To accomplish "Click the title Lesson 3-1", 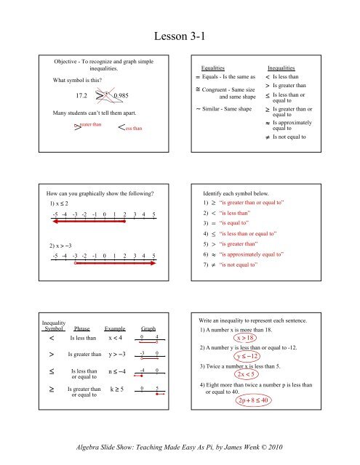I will coord(180,35).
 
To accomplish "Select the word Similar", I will coord(217,108).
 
